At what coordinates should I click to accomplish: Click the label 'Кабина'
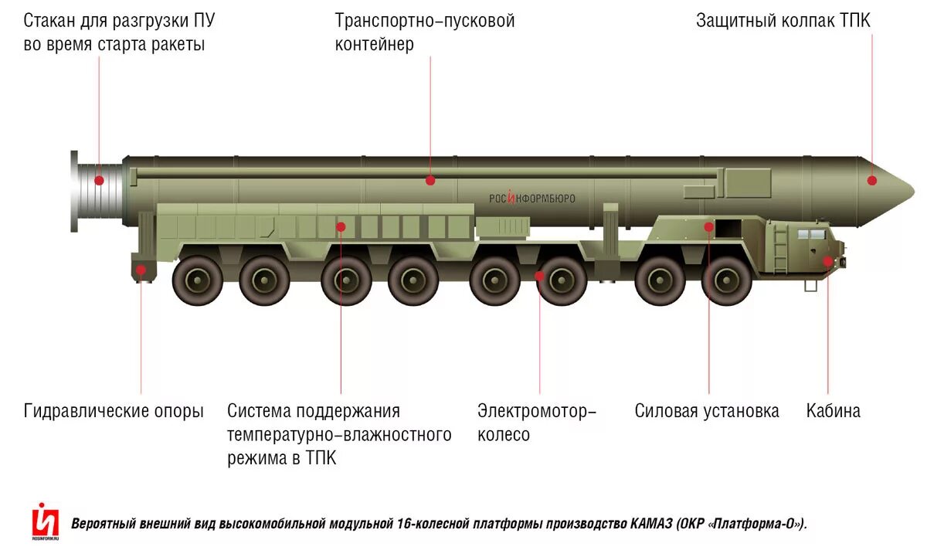(x=833, y=411)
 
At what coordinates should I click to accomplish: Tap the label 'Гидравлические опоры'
(x=114, y=411)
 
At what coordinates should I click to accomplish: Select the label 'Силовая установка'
(x=707, y=411)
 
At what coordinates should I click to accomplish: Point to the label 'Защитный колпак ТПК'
(x=783, y=20)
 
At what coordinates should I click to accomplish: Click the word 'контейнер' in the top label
(x=374, y=44)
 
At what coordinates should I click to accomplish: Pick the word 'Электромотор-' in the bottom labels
(x=537, y=411)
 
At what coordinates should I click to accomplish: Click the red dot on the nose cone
(x=872, y=181)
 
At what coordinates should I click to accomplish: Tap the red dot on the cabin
(x=828, y=261)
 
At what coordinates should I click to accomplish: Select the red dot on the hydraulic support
(x=141, y=269)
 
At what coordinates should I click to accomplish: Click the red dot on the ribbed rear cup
(x=99, y=181)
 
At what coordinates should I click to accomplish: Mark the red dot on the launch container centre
(x=430, y=181)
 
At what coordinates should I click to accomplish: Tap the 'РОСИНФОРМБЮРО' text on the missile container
(x=531, y=199)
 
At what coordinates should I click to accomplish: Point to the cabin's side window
(x=809, y=233)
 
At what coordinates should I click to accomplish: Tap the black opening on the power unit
(x=727, y=229)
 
